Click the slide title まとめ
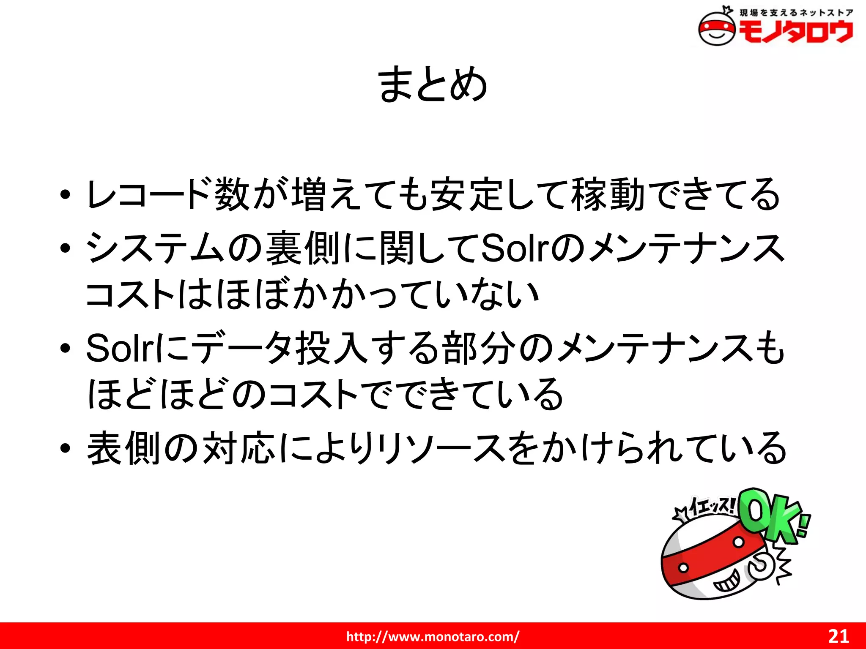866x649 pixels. click(433, 85)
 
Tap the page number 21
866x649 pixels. click(839, 636)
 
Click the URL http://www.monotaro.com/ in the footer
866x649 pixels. click(433, 636)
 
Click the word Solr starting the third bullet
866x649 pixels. click(121, 349)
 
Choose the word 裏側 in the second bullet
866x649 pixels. click(303, 248)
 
